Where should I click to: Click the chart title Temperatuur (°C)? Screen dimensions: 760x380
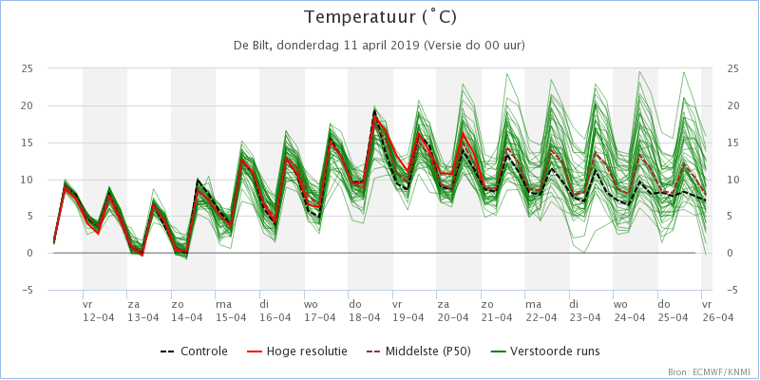click(x=380, y=17)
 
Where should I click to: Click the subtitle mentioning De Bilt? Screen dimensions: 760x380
click(x=379, y=45)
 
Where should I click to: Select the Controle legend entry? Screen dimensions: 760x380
click(x=194, y=351)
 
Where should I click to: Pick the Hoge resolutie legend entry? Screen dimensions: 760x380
click(x=297, y=351)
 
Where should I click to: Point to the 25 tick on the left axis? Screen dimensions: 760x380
click(x=28, y=68)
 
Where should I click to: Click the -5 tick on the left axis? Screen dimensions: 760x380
click(x=28, y=290)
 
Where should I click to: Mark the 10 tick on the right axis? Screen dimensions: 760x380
click(x=731, y=180)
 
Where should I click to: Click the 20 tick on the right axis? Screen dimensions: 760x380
click(x=731, y=105)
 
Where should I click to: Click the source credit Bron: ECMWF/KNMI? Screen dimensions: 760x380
click(x=712, y=371)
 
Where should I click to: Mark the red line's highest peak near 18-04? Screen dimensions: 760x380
click(x=374, y=115)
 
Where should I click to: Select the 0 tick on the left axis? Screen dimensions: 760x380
click(x=29, y=253)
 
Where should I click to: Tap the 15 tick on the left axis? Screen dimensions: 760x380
click(x=28, y=142)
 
